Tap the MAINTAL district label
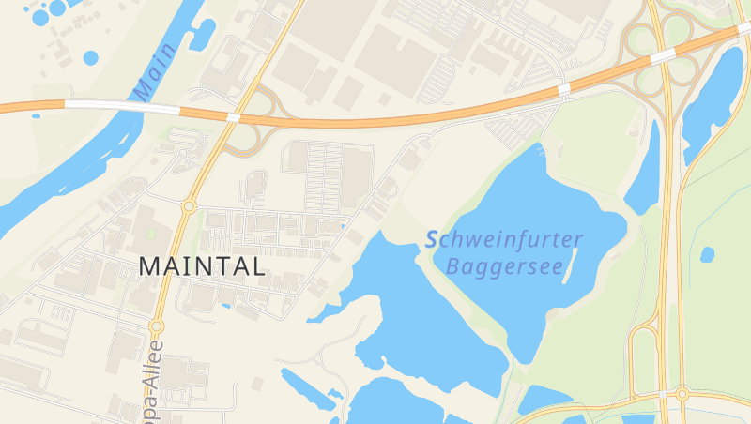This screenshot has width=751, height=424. [202, 265]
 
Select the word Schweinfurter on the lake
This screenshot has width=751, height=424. [504, 240]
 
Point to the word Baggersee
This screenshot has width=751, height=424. [504, 267]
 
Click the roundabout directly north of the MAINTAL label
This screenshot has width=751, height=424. [189, 205]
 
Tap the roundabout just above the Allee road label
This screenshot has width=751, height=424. [157, 326]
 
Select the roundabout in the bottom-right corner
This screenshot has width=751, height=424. [682, 393]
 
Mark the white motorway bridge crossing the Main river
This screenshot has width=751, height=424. [94, 104]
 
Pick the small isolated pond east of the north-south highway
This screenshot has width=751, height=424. [707, 254]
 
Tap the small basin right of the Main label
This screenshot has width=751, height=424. [202, 35]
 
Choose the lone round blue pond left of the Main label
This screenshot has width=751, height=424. [90, 57]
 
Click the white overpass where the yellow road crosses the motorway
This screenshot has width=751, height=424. [232, 117]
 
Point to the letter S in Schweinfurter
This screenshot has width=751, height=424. [433, 240]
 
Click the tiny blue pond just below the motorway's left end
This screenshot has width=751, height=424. [36, 115]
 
